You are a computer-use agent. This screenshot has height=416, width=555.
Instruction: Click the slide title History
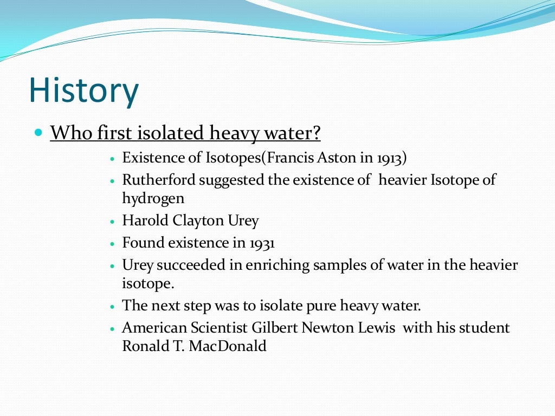point(84,90)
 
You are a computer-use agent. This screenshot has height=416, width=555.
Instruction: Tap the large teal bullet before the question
point(38,132)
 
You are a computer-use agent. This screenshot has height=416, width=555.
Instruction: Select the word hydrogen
point(153,198)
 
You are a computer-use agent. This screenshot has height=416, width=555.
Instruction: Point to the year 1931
point(262,243)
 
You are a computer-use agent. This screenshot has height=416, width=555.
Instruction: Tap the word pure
point(321,305)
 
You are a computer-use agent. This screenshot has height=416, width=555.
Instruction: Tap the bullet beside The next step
point(112,307)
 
